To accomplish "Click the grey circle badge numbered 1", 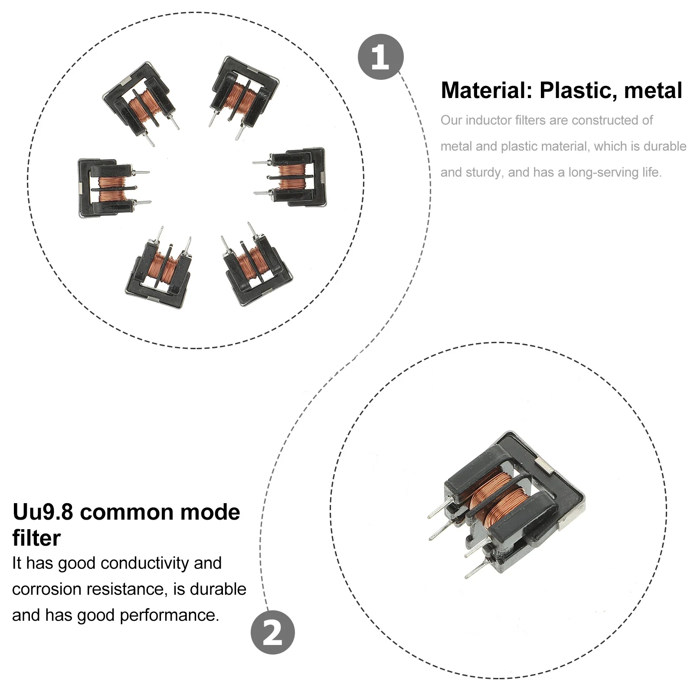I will (x=380, y=57).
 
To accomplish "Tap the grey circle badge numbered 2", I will (x=272, y=632).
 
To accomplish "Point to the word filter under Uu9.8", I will (x=36, y=538).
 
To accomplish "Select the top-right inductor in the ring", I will (x=243, y=93).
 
